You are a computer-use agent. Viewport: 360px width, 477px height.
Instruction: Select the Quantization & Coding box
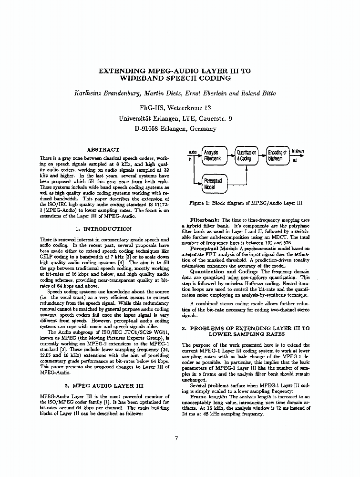[x=246, y=156]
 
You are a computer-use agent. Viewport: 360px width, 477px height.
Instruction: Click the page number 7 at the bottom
[x=176, y=439]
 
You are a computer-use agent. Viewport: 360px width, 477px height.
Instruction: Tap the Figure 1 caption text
[x=246, y=203]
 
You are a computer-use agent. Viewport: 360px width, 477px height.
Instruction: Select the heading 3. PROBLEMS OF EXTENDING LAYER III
[x=246, y=329]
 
